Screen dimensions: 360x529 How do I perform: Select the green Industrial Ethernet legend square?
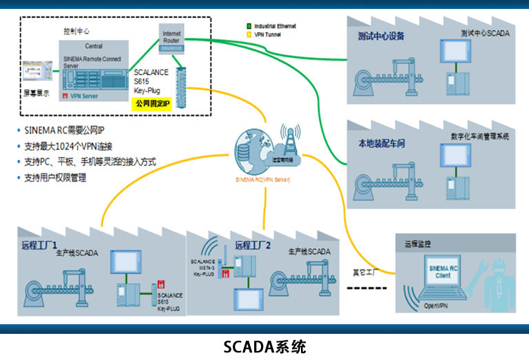coord(249,26)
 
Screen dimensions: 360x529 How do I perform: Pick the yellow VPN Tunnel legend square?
coord(249,34)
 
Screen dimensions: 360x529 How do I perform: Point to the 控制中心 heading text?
coord(76,31)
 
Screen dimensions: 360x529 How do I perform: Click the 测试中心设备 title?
coord(381,36)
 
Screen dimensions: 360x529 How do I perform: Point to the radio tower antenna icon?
coord(289,141)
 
